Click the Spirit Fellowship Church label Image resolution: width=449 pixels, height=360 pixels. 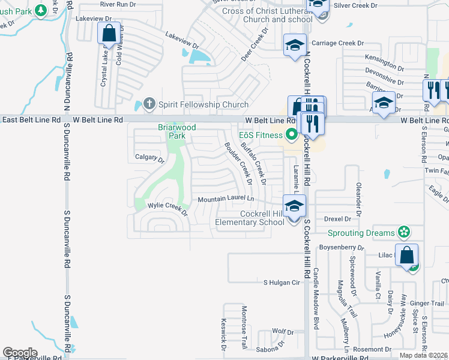point(203,104)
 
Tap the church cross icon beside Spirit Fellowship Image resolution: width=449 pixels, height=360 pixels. point(149,104)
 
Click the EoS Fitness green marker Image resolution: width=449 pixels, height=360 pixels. point(292,134)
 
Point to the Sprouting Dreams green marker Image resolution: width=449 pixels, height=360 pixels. point(404,232)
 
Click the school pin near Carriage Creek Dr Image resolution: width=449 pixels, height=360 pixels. point(295,46)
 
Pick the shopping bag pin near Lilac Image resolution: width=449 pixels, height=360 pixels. point(406,255)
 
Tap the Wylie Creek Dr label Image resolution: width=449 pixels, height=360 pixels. point(167,209)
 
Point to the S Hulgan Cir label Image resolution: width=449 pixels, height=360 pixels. point(282,282)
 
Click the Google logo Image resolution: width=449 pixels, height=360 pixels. point(20,352)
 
